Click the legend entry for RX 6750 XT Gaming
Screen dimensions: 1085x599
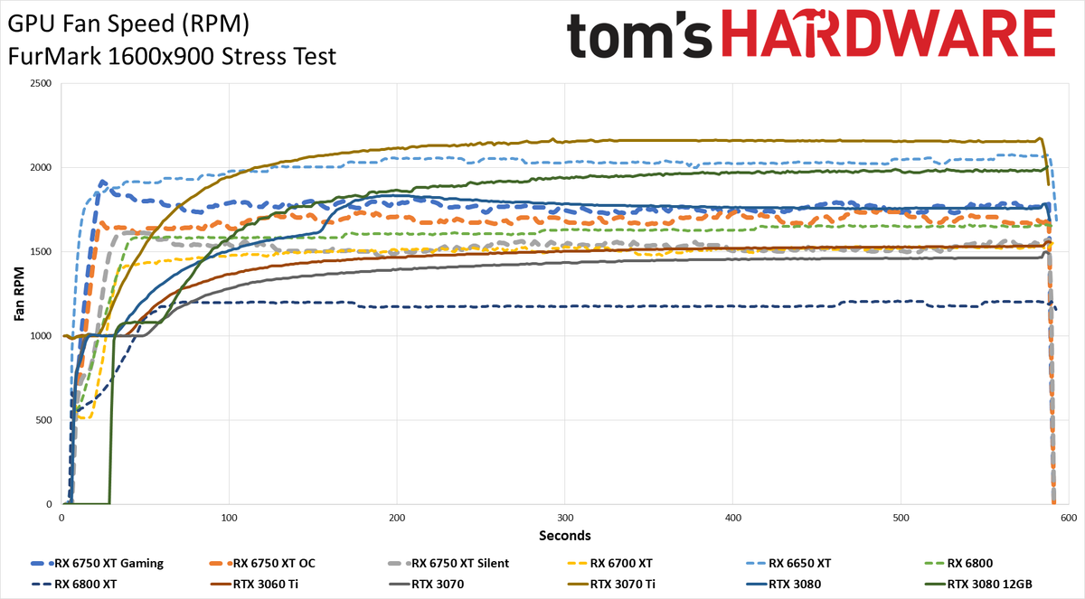97,563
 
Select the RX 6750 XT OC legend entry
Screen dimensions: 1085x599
262,563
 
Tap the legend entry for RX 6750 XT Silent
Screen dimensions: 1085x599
448,563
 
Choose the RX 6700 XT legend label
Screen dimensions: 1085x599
609,563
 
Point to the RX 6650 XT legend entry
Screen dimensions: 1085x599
788,563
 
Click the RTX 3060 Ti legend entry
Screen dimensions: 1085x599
255,584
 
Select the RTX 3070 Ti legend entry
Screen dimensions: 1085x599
611,584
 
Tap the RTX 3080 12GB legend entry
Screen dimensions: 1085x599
978,584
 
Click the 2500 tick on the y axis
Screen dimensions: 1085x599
41,83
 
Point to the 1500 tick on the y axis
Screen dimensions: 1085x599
41,251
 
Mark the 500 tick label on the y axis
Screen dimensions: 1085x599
43,420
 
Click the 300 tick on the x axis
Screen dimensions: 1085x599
565,518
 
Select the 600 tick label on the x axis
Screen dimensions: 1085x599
1069,518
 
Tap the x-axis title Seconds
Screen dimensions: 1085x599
565,536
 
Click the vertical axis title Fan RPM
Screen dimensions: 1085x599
19,294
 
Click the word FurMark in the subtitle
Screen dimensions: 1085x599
55,57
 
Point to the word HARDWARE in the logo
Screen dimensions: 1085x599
888,33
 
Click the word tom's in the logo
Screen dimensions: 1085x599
639,35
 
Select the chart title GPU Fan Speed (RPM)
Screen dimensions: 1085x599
128,24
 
